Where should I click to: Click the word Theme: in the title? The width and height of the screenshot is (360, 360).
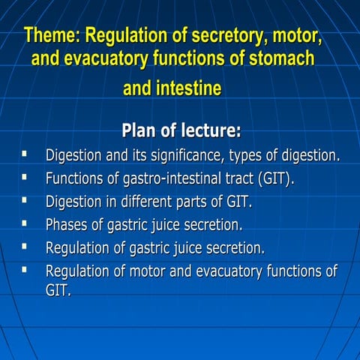point(53,35)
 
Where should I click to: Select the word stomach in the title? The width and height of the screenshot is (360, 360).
point(279,58)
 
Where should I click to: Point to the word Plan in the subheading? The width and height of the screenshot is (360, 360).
point(141,130)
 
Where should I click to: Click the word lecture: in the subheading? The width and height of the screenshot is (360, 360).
point(212,130)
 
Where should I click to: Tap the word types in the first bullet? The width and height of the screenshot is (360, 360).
point(250,156)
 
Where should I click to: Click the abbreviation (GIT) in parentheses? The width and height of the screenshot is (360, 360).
point(276,178)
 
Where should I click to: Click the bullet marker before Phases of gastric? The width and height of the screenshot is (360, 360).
point(25,223)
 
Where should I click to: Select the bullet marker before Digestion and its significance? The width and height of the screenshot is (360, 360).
point(25,154)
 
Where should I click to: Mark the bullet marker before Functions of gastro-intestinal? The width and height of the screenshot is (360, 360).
point(25,178)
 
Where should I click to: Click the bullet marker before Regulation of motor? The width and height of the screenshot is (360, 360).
point(25,268)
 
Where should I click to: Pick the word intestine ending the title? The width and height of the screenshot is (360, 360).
point(190,89)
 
